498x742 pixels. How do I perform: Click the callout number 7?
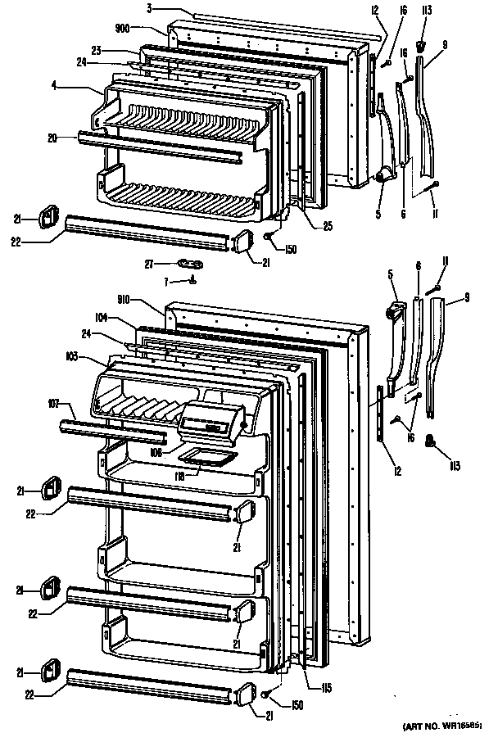[167, 282]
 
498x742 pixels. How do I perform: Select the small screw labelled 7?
[193, 279]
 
